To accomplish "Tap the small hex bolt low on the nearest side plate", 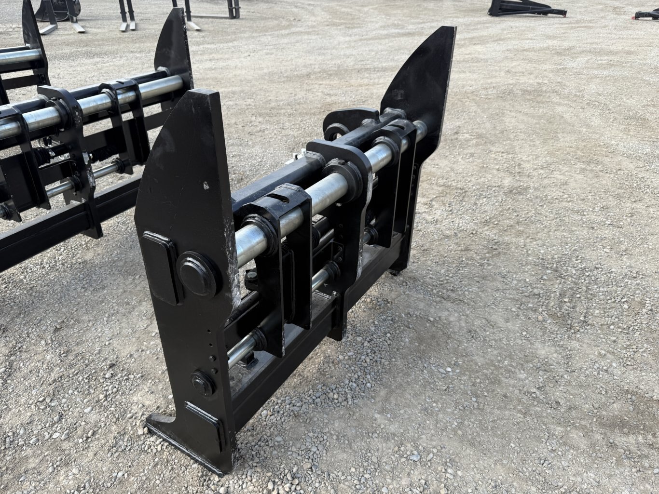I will point(202,383).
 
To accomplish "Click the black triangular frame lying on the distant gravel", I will point(526,8).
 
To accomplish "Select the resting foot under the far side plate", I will point(398,270).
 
